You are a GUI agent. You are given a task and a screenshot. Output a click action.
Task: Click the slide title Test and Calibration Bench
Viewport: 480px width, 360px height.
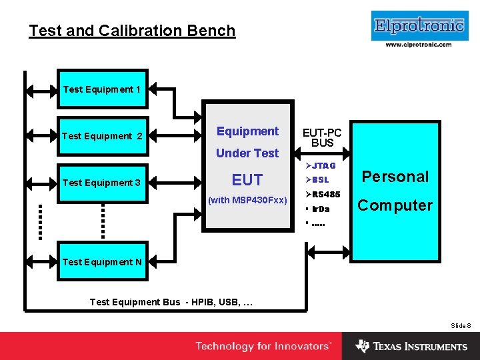pyautogui.click(x=132, y=31)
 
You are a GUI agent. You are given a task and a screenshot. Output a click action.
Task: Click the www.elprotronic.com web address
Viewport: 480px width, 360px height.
pyautogui.click(x=418, y=45)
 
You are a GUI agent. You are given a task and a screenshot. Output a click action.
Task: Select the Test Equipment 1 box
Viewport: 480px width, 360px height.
pyautogui.click(x=102, y=89)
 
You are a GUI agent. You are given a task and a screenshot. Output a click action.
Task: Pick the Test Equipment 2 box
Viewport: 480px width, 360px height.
pyautogui.click(x=102, y=136)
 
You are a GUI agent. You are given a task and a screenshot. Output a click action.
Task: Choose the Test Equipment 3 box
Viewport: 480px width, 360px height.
pyautogui.click(x=102, y=183)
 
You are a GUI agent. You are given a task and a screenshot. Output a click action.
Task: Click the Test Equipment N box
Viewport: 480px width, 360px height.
pyautogui.click(x=102, y=262)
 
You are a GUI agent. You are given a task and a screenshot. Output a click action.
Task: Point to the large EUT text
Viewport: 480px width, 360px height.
pyautogui.click(x=247, y=179)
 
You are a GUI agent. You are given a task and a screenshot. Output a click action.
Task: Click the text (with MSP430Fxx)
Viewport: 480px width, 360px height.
pyautogui.click(x=247, y=200)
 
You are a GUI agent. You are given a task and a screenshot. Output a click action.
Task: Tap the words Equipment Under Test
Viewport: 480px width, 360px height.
pyautogui.click(x=247, y=142)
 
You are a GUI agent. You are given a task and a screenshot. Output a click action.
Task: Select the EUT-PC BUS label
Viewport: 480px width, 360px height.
pyautogui.click(x=322, y=137)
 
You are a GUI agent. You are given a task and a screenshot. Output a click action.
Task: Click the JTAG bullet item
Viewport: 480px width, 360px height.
pyautogui.click(x=321, y=165)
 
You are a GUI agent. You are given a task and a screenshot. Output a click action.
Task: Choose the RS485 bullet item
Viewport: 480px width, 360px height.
pyautogui.click(x=323, y=195)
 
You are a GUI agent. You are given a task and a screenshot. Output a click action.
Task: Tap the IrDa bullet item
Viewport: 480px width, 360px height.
pyautogui.click(x=319, y=209)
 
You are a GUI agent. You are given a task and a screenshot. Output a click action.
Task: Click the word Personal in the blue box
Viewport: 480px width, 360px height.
pyautogui.click(x=395, y=177)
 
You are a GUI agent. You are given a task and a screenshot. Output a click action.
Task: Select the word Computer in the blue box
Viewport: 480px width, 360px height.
pyautogui.click(x=395, y=205)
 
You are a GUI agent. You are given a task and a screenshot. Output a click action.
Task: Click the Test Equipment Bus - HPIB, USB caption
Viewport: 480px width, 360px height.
pyautogui.click(x=171, y=302)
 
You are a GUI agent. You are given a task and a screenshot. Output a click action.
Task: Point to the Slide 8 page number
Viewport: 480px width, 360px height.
pyautogui.click(x=461, y=325)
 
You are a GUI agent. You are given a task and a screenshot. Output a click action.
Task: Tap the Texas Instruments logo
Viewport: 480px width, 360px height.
pyautogui.click(x=411, y=347)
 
